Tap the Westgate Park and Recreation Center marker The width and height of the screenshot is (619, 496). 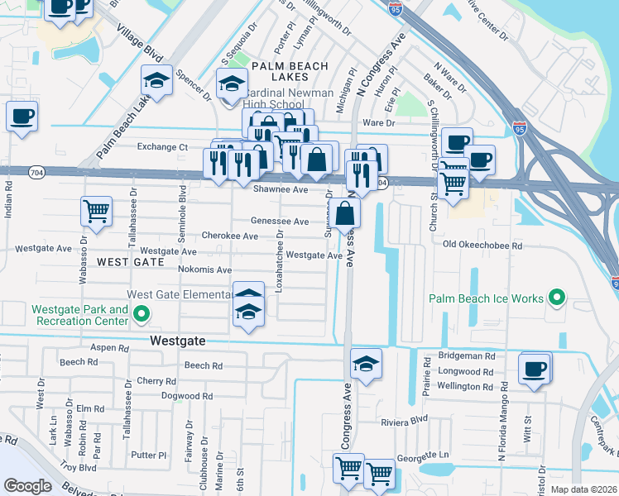(141, 314)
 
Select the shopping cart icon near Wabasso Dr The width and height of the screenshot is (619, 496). (97, 211)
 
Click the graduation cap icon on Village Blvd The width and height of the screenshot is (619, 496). (156, 80)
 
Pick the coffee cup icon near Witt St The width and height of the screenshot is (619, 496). (535, 368)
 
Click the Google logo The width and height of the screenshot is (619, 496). (28, 486)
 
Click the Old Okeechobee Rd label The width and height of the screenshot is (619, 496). (482, 246)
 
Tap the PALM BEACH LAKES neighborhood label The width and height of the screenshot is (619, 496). (290, 72)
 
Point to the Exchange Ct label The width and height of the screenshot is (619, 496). (162, 147)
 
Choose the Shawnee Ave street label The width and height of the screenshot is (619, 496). (280, 189)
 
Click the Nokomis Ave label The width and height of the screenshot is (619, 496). (204, 269)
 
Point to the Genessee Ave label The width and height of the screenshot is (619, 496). (280, 222)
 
